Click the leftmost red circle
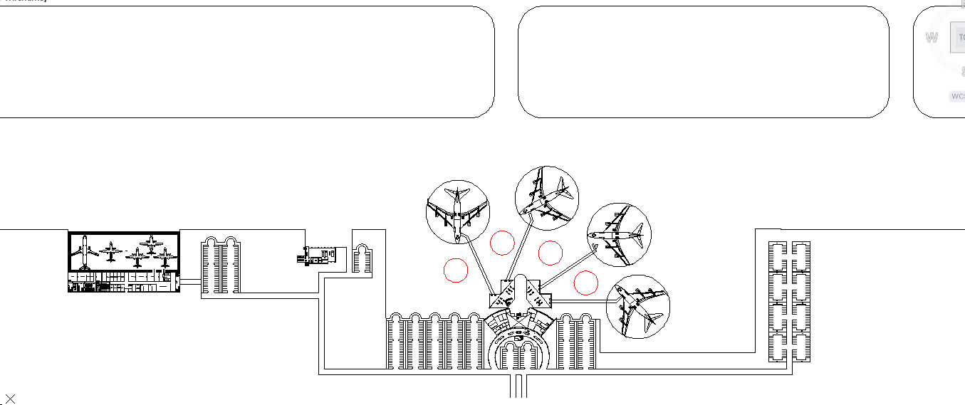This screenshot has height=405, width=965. (456, 270)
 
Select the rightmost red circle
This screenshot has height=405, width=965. (585, 283)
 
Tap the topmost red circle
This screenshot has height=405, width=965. (502, 243)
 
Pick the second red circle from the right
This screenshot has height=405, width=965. (551, 253)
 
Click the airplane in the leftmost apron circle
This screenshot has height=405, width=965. (457, 209)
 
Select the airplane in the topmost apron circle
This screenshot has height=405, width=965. (546, 199)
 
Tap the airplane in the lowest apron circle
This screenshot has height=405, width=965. (638, 307)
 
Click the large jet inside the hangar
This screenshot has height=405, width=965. (85, 251)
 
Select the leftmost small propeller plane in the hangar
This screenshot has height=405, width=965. (110, 251)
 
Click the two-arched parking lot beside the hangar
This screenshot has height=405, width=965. (220, 265)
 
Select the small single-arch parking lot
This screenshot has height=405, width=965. (362, 259)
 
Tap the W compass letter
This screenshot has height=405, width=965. (932, 38)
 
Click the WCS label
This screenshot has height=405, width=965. (957, 96)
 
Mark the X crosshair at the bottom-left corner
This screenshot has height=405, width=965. (10, 399)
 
